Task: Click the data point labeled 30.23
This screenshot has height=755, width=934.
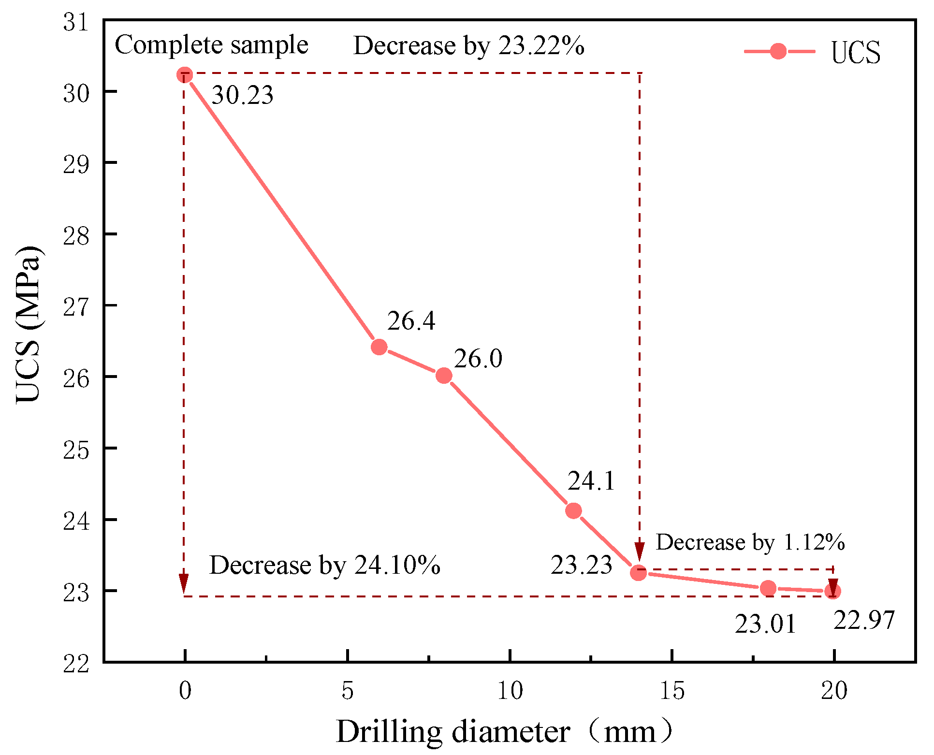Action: coord(184,75)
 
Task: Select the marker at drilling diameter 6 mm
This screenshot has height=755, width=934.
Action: coord(379,347)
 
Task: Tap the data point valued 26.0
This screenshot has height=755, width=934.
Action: coord(444,376)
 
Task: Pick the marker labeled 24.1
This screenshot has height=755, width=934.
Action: coord(573,510)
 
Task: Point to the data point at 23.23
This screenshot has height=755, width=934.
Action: coord(638,573)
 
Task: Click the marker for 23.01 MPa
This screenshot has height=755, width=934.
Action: coord(768,588)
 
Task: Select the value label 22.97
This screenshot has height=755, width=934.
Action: coord(864,620)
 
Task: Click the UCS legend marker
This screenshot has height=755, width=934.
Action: coord(778,51)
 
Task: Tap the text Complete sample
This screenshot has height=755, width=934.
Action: coord(211,45)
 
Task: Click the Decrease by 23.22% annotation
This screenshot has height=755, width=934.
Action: coord(468,46)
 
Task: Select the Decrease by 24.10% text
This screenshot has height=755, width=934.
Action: coord(324,565)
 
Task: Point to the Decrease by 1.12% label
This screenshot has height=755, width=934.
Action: coord(750,542)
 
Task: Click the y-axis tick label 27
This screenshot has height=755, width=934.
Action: coord(76,306)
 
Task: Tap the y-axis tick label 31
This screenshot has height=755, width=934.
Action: coord(76,22)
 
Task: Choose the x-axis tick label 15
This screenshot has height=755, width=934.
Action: coord(672,691)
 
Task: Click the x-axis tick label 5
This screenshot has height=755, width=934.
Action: coord(347,691)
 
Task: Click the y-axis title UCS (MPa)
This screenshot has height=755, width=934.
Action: coord(28,324)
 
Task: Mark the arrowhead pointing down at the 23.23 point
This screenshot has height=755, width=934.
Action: coord(640,552)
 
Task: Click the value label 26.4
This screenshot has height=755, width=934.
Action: coord(411,321)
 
